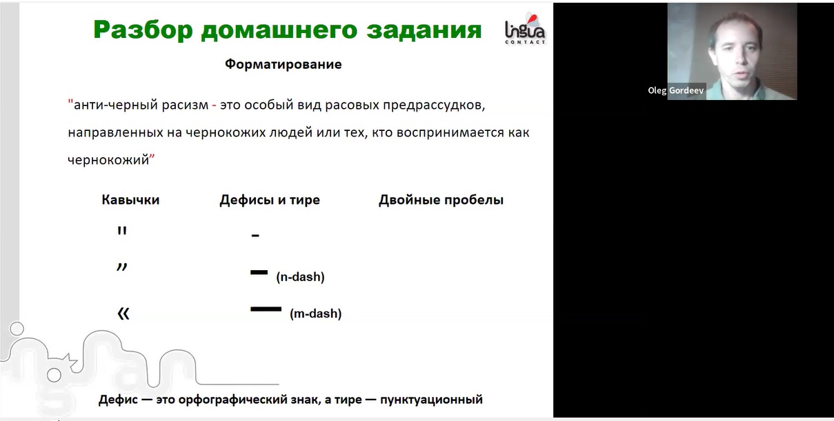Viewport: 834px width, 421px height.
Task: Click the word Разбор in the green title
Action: pyautogui.click(x=143, y=30)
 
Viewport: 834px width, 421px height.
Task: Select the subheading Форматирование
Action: pyautogui.click(x=284, y=64)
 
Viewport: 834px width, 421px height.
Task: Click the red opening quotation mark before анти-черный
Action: pyautogui.click(x=70, y=102)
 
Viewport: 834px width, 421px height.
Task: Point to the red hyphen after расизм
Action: pyautogui.click(x=214, y=106)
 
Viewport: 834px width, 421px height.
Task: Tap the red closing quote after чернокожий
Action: pyautogui.click(x=152, y=158)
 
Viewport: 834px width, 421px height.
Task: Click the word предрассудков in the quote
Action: pyautogui.click(x=434, y=105)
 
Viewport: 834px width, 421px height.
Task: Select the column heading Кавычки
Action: pyautogui.click(x=130, y=200)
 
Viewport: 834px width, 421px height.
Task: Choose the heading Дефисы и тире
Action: pyautogui.click(x=270, y=200)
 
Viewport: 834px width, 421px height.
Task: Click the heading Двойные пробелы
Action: pyautogui.click(x=441, y=200)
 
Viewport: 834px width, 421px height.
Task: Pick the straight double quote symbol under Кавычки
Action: pyautogui.click(x=121, y=231)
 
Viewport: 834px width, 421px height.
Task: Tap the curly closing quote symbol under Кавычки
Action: pyautogui.click(x=121, y=267)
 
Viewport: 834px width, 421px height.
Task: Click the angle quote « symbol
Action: pyautogui.click(x=123, y=314)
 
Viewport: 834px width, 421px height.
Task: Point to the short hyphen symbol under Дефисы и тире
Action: pyautogui.click(x=255, y=236)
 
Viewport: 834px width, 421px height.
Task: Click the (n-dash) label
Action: pyautogui.click(x=301, y=277)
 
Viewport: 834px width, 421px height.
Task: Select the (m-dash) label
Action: pyautogui.click(x=316, y=314)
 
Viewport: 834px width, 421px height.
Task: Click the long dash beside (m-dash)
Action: pyautogui.click(x=266, y=309)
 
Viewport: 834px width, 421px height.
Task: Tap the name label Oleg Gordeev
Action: pyautogui.click(x=676, y=91)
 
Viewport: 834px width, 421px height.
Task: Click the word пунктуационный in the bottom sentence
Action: pyautogui.click(x=431, y=400)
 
